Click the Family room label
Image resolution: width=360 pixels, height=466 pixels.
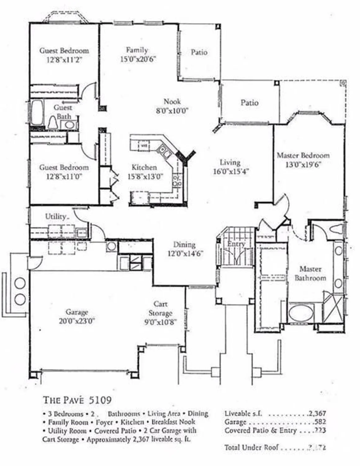(137, 50)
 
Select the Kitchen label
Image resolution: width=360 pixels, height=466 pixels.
(144, 167)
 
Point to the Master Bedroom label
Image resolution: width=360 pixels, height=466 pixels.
(303, 155)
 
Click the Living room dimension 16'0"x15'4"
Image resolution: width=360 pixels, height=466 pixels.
(231, 171)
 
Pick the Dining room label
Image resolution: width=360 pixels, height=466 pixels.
(184, 244)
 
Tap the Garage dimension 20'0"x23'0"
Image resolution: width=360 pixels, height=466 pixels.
(77, 321)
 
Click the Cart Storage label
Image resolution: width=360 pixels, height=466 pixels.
(160, 308)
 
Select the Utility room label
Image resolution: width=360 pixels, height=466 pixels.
(56, 217)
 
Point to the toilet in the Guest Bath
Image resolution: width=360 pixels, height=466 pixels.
(52, 123)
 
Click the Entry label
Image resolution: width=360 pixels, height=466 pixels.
(236, 244)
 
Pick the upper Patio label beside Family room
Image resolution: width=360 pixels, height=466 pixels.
(199, 52)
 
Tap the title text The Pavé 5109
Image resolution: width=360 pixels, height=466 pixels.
(77, 400)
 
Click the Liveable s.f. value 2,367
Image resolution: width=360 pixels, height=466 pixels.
(317, 413)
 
